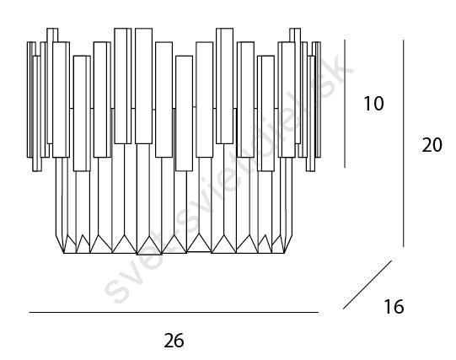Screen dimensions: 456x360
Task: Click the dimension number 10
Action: click(373, 104)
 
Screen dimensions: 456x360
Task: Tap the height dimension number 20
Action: click(432, 145)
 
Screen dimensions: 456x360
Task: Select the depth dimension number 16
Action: click(394, 307)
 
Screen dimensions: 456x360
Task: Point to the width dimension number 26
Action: click(174, 341)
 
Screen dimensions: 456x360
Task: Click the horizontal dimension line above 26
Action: click(174, 312)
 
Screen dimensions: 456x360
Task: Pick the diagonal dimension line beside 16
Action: click(367, 285)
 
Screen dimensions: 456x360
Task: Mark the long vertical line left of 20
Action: click(404, 143)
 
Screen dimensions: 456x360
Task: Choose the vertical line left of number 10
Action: click(345, 104)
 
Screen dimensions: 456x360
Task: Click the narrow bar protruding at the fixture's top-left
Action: click(52, 35)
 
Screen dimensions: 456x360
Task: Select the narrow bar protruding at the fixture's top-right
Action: click(295, 35)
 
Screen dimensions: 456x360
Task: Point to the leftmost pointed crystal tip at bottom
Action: click(64, 253)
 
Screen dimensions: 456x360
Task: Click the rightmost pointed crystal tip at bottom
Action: click(284, 253)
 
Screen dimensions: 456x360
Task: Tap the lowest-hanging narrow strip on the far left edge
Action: click(37, 114)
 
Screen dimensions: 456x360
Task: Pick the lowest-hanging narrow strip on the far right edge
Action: click(310, 114)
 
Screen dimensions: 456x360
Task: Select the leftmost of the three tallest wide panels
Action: click(123, 86)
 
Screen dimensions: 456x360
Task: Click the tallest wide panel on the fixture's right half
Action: click(224, 86)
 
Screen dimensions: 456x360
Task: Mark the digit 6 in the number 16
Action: click(399, 307)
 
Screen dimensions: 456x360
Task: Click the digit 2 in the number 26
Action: click(169, 341)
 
